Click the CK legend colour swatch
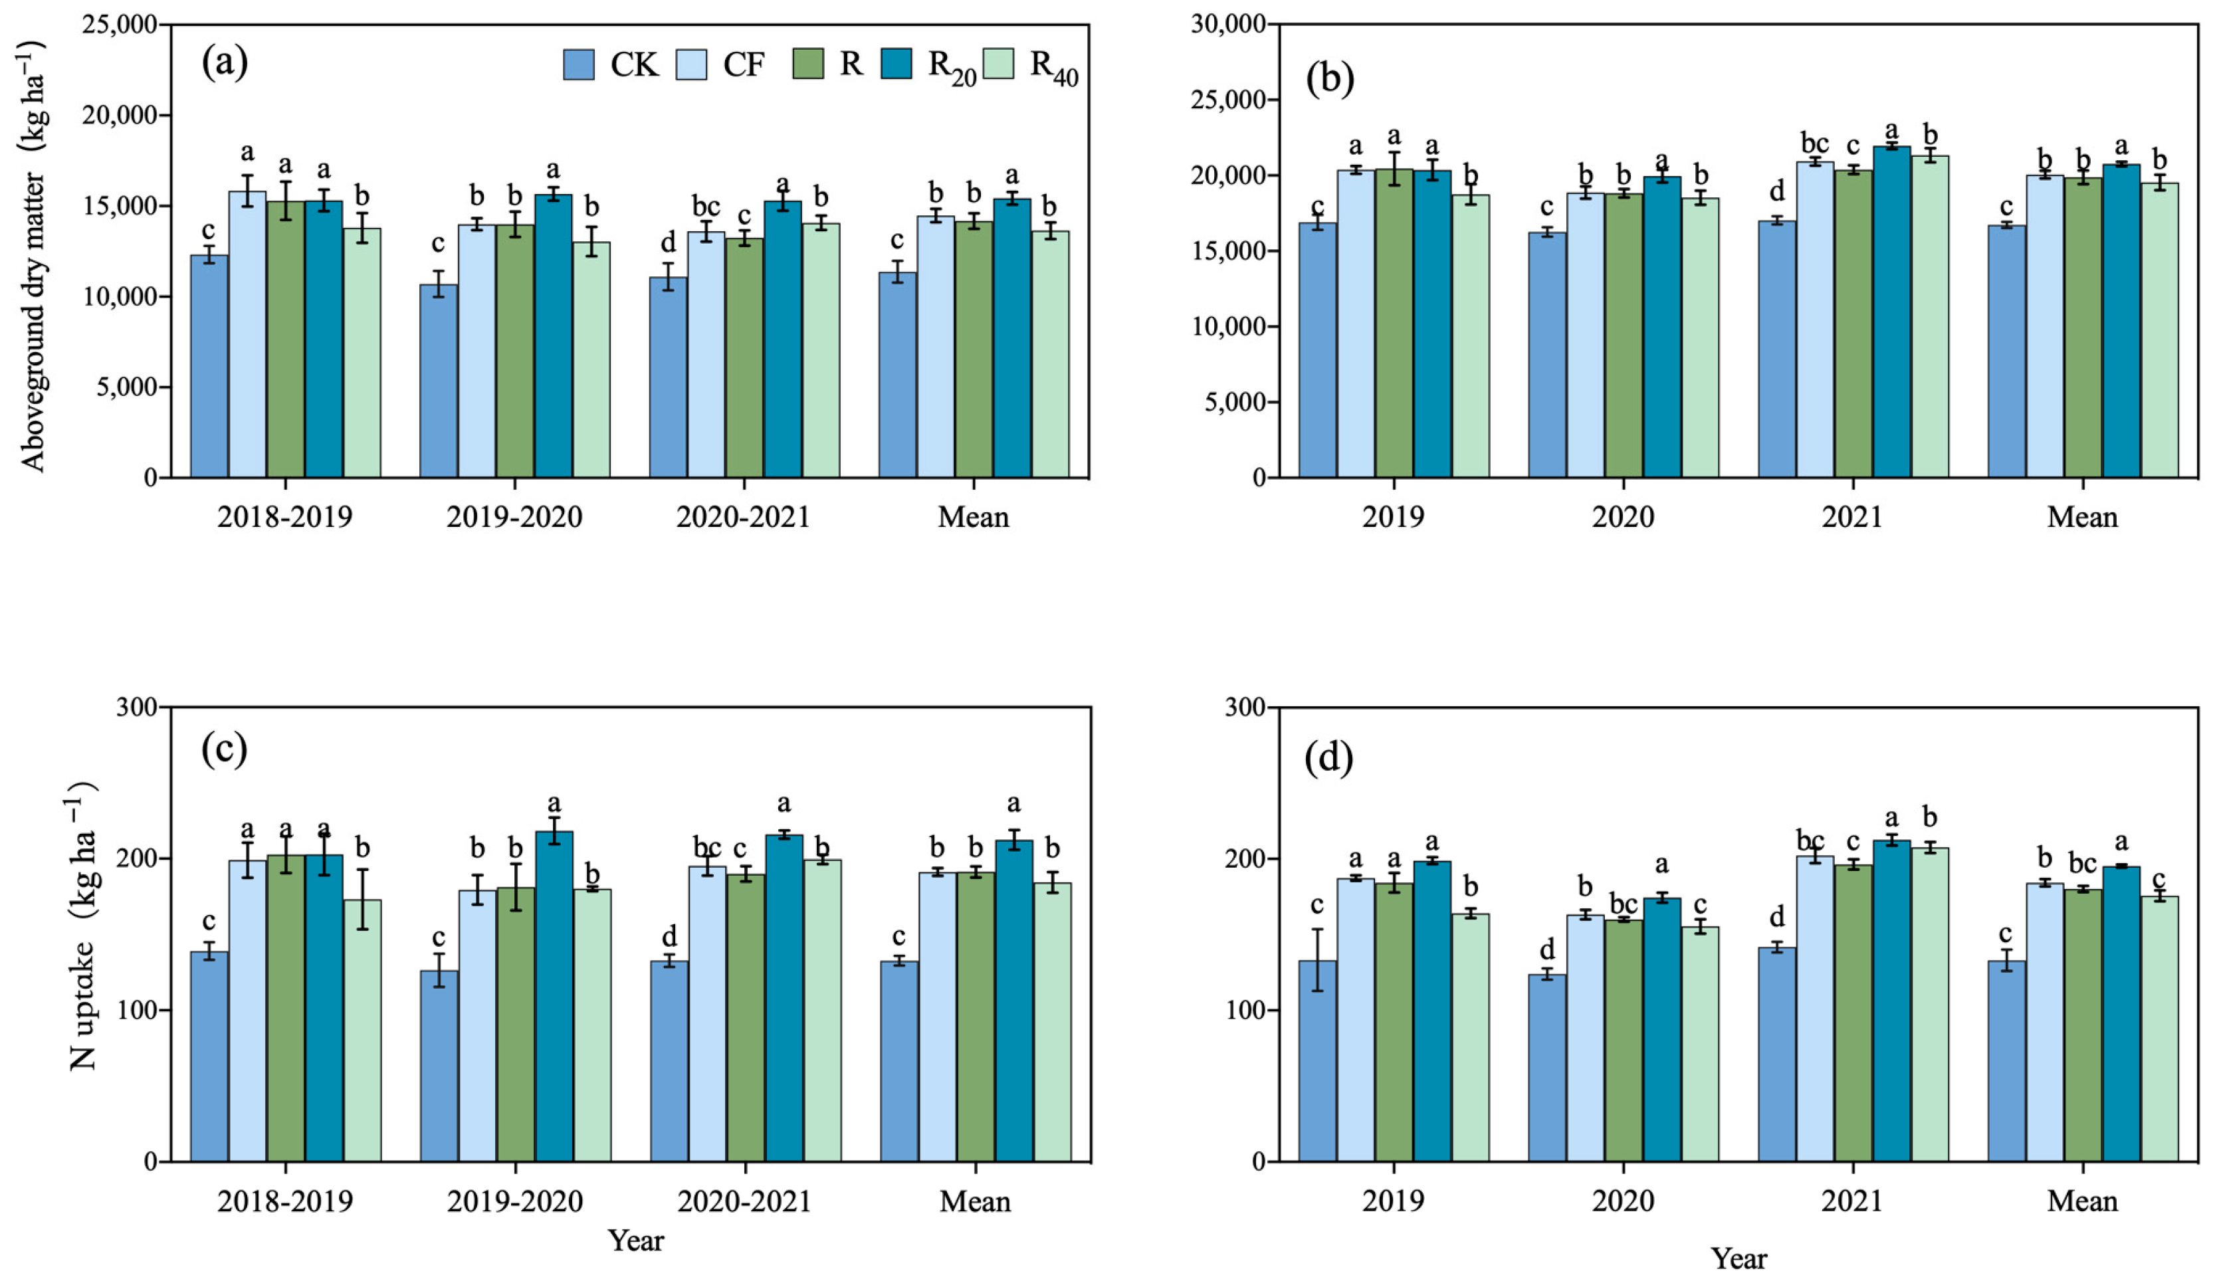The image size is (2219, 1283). coord(579,64)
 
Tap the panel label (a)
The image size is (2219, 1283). coord(225,62)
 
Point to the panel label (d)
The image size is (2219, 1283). coord(1328,758)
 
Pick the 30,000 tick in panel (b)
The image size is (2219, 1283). coord(1227,24)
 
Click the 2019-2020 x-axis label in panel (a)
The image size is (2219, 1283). coord(514,517)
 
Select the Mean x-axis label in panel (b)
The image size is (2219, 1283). coord(2081,517)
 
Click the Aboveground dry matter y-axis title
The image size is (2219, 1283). coord(33,255)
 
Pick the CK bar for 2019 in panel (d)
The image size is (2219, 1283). coord(1317,1060)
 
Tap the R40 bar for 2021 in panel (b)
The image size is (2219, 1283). coord(1929,317)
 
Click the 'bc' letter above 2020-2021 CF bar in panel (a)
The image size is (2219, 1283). coord(705,207)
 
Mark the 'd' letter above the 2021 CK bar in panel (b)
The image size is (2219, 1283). coord(1776,191)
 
